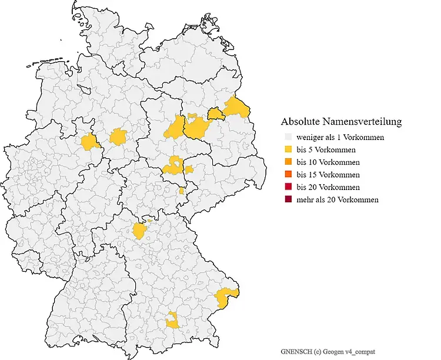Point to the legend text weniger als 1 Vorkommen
[x=340, y=138]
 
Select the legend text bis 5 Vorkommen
[x=327, y=150]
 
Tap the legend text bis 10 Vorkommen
[x=329, y=162]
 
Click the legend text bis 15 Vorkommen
[x=329, y=175]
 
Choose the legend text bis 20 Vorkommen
[x=329, y=187]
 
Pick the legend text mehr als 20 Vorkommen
[x=338, y=200]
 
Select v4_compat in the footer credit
[x=362, y=351]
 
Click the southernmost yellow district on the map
[x=172, y=321]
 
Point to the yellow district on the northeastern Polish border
[x=238, y=107]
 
